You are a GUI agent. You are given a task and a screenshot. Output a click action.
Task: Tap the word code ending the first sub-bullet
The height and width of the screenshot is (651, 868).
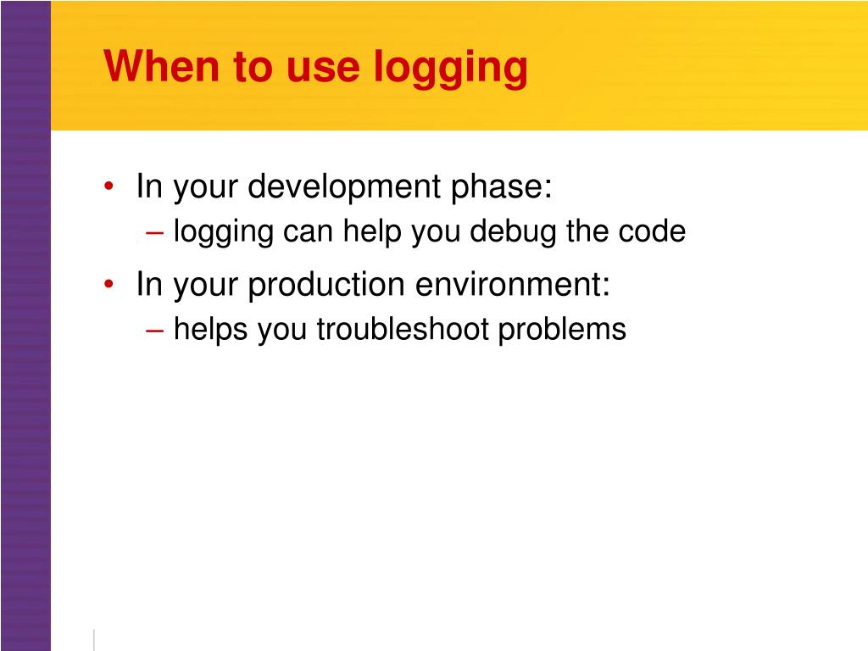pyautogui.click(x=654, y=231)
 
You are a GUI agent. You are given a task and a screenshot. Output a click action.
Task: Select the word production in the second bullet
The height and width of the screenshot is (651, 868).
pyautogui.click(x=326, y=286)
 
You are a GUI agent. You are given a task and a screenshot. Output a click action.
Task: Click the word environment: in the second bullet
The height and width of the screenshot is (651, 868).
pyautogui.click(x=512, y=286)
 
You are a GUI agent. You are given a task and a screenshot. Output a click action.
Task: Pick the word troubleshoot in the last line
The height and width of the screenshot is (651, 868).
pyautogui.click(x=403, y=330)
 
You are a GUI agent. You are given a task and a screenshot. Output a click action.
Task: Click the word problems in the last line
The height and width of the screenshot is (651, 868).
pyautogui.click(x=562, y=330)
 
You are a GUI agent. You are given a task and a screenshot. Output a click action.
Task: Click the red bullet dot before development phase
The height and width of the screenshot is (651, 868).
pyautogui.click(x=111, y=187)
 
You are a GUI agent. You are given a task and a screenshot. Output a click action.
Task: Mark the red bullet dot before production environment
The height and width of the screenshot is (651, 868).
pyautogui.click(x=111, y=286)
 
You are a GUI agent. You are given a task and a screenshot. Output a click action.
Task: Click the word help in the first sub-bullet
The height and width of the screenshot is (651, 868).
pyautogui.click(x=373, y=231)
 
